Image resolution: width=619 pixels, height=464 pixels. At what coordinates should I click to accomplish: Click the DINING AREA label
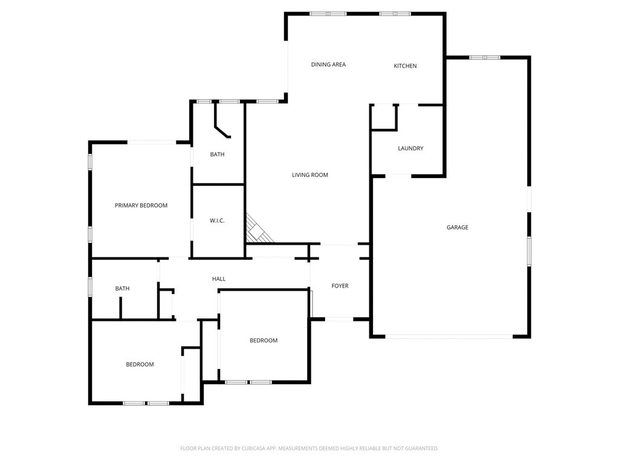(328, 65)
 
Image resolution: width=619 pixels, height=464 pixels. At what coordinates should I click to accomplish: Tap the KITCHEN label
(405, 66)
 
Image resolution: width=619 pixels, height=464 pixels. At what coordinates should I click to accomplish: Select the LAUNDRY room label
(410, 149)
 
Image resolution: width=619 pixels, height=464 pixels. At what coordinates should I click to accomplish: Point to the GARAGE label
(457, 228)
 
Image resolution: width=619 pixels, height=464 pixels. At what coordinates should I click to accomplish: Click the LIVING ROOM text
(309, 175)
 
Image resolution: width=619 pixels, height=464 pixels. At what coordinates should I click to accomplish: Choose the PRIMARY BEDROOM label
(141, 205)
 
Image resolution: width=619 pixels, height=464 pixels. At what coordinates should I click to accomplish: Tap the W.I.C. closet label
(217, 221)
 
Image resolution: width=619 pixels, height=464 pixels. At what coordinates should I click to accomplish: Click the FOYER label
(340, 286)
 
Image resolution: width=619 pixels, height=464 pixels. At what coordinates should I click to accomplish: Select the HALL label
(219, 279)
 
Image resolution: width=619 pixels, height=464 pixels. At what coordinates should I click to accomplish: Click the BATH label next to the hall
(122, 289)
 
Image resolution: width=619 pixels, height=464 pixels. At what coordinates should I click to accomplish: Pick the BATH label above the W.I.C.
(217, 155)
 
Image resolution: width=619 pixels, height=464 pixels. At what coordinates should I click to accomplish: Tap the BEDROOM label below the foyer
(264, 341)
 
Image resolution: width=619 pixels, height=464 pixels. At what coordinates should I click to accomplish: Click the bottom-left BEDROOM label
(140, 364)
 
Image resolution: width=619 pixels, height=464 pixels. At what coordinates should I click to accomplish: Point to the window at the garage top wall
(485, 57)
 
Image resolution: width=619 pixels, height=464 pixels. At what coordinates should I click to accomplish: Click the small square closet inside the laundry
(383, 117)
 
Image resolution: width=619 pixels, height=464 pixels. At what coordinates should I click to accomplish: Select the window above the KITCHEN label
(395, 13)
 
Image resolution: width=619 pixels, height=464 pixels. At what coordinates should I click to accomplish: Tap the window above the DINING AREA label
(328, 13)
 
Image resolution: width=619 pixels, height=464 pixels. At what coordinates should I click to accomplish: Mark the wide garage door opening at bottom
(449, 337)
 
